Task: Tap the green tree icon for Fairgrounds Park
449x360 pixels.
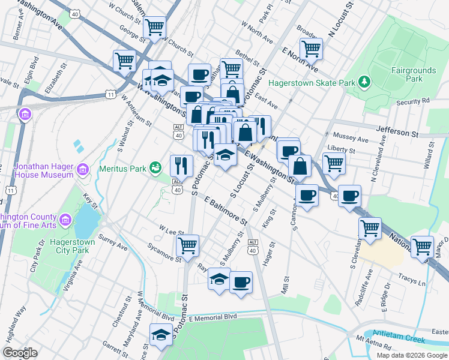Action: click(x=364, y=81)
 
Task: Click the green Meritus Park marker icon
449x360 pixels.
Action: click(x=156, y=166)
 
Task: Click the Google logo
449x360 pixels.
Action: click(x=20, y=353)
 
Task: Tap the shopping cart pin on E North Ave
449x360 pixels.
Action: click(x=312, y=49)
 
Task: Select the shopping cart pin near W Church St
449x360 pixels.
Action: click(x=155, y=26)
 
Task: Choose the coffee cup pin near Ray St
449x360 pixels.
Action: click(x=241, y=281)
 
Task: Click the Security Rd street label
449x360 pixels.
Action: click(x=412, y=102)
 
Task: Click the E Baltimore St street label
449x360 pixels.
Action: click(x=226, y=211)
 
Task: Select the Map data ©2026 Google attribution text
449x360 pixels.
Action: click(x=411, y=355)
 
